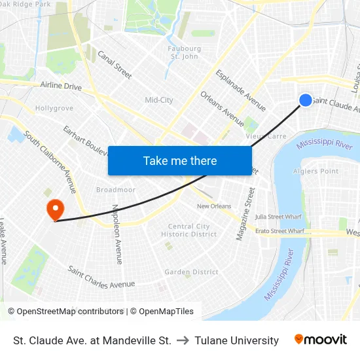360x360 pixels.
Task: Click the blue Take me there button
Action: tap(180, 160)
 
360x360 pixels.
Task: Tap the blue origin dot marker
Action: tap(306, 99)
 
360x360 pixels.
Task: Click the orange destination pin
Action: tap(55, 209)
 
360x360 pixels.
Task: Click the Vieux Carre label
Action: tap(266, 136)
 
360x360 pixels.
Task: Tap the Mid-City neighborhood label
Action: tap(159, 100)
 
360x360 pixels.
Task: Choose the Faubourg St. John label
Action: tap(184, 52)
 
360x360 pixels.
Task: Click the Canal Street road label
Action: tap(115, 65)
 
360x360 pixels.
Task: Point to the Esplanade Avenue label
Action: tap(240, 90)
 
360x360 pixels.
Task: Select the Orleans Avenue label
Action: tap(223, 108)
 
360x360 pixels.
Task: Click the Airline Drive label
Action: tap(61, 86)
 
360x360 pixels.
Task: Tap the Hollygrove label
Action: tap(54, 108)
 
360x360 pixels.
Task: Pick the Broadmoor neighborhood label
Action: tap(115, 190)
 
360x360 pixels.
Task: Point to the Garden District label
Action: tap(191, 272)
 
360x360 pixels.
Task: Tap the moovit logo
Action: tap(320, 340)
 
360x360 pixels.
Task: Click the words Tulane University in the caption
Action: tap(236, 340)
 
